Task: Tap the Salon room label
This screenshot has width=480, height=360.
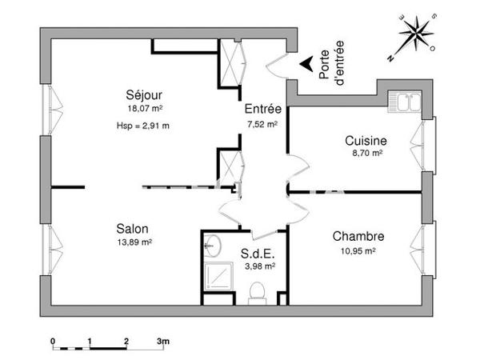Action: [132, 227]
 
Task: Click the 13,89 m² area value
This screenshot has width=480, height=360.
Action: [134, 242]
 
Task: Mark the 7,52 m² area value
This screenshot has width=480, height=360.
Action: [262, 125]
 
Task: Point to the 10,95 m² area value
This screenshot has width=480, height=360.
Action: [358, 250]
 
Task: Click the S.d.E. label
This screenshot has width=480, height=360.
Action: [258, 254]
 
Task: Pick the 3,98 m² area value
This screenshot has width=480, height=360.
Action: [259, 266]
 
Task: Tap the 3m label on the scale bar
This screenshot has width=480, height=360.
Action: [162, 342]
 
